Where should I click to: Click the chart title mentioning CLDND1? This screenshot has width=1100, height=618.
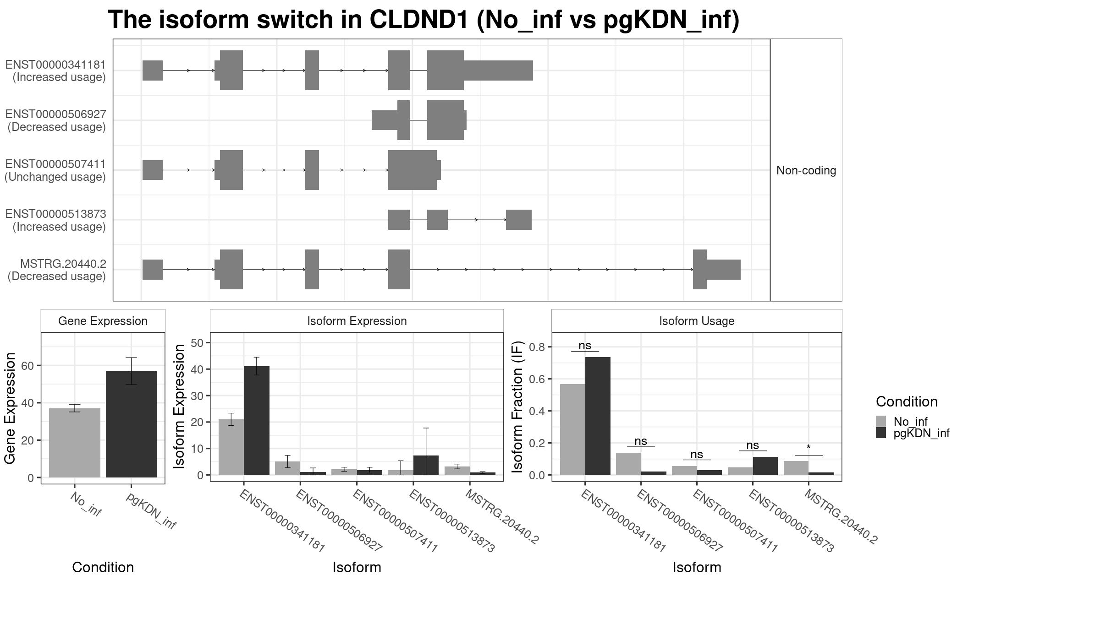tap(423, 20)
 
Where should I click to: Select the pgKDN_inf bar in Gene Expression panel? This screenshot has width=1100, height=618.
tap(131, 424)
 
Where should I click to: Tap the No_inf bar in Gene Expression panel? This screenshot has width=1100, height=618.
tap(75, 443)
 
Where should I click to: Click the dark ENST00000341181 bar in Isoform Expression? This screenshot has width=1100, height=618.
tap(257, 421)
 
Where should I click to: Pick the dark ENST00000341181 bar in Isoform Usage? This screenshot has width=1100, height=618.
tap(598, 416)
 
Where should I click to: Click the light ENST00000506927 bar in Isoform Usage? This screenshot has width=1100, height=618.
tap(628, 464)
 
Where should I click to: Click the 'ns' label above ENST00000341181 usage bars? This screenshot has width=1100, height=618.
tap(585, 346)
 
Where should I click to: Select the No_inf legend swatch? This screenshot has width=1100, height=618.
tap(881, 421)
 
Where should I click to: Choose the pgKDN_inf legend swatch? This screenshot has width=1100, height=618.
tap(881, 433)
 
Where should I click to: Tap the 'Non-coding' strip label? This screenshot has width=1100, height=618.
tap(806, 170)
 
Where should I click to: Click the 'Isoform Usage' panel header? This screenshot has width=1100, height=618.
tap(697, 321)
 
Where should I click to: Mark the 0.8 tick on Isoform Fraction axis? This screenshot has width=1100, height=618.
tap(538, 347)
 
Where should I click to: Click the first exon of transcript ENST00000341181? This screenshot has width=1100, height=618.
tap(153, 70)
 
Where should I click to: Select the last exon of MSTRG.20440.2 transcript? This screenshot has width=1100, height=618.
tap(716, 270)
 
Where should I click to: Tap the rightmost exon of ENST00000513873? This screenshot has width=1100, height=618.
tap(519, 220)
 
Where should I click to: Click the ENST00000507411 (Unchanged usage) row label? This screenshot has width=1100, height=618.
tap(55, 170)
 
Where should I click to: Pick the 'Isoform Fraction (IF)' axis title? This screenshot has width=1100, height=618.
tap(517, 407)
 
